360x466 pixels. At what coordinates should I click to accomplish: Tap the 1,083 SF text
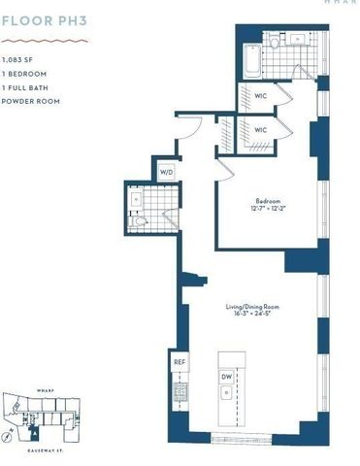[x=16, y=61]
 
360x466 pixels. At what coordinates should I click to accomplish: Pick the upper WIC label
[x=260, y=96]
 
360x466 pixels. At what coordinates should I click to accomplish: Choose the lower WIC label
[x=260, y=129]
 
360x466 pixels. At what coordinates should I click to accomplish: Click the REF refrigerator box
[x=180, y=361]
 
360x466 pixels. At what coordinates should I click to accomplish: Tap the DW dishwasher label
[x=226, y=376]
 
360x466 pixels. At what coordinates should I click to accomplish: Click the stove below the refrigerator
[x=180, y=393]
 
